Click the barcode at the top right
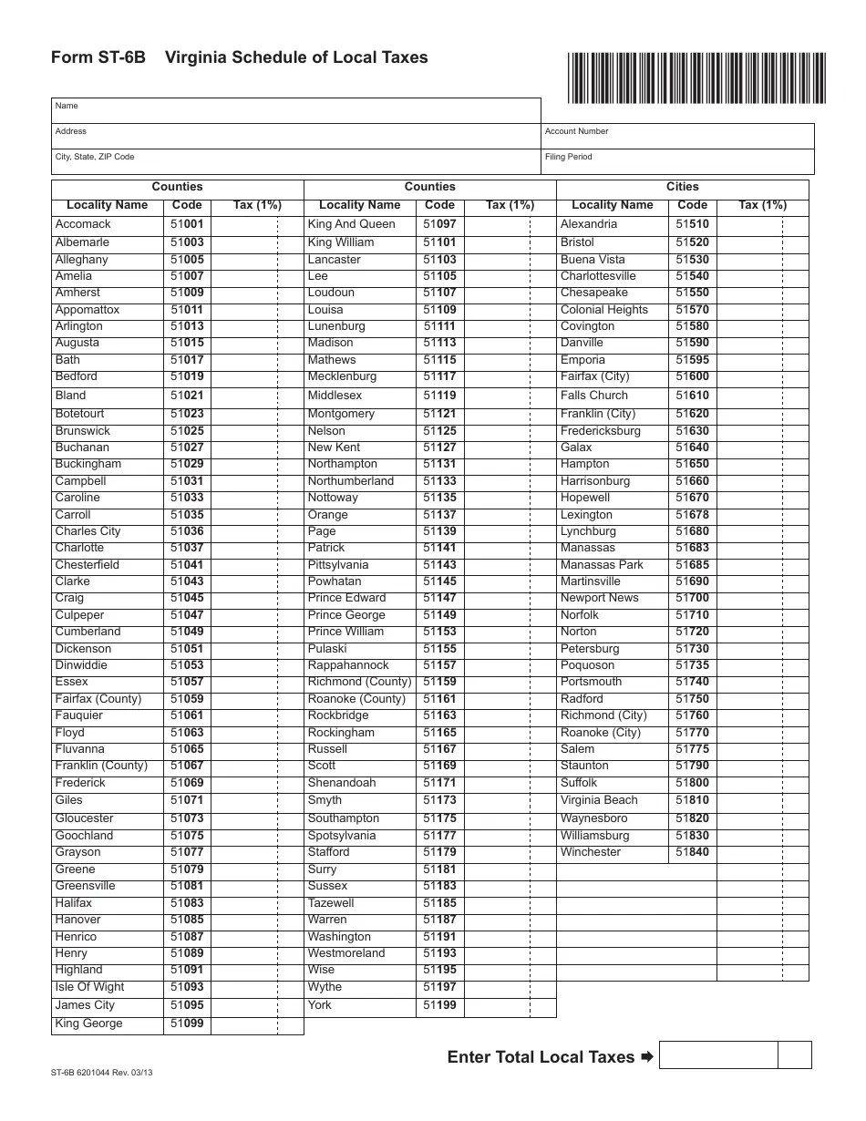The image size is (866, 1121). pyautogui.click(x=696, y=77)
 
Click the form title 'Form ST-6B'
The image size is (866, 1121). pyautogui.click(x=98, y=57)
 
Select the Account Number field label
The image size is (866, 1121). pyautogui.click(x=576, y=131)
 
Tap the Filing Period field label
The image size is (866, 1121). pyautogui.click(x=568, y=157)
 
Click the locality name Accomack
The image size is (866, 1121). pyautogui.click(x=83, y=224)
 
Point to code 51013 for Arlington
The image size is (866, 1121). pyautogui.click(x=187, y=326)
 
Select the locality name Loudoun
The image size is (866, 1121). pyautogui.click(x=331, y=293)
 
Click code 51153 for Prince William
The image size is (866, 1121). pyautogui.click(x=439, y=632)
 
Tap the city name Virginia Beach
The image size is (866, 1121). pyautogui.click(x=599, y=800)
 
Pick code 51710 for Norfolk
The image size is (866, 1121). pyautogui.click(x=692, y=615)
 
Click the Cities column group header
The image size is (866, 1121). pyautogui.click(x=682, y=187)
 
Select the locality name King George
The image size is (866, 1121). pyautogui.click(x=88, y=1023)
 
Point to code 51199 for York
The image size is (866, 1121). pyautogui.click(x=439, y=1005)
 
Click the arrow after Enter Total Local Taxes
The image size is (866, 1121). pyautogui.click(x=647, y=1057)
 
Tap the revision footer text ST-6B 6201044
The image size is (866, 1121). pyautogui.click(x=102, y=1073)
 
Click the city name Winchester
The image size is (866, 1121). pyautogui.click(x=591, y=852)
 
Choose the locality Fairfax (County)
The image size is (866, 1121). pyautogui.click(x=98, y=699)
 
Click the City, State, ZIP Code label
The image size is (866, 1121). pyautogui.click(x=95, y=157)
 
